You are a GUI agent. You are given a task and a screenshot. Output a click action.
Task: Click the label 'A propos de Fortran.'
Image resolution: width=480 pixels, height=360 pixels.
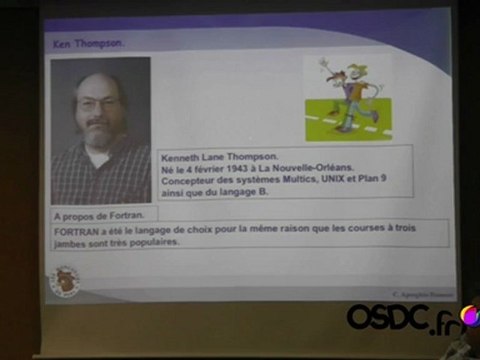pos(87,215)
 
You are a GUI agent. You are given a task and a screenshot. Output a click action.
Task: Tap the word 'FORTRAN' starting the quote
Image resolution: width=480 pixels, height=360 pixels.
pos(77,231)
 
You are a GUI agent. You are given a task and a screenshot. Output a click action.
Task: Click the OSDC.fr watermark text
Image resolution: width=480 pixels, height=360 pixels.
pos(400,318)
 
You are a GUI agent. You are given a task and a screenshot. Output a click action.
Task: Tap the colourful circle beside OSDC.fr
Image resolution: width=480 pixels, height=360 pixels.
pos(467,316)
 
